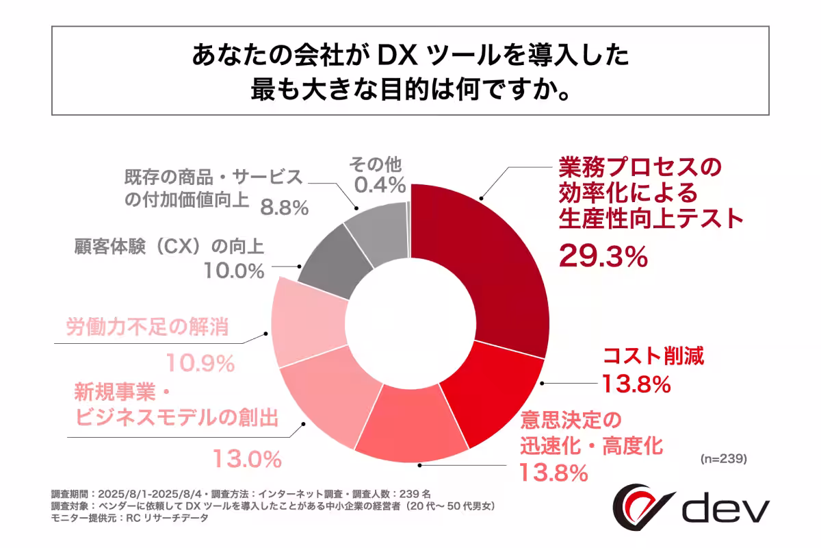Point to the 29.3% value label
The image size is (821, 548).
(603, 257)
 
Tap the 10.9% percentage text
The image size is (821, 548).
(201, 364)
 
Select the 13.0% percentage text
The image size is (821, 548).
(247, 457)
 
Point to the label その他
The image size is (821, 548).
(376, 164)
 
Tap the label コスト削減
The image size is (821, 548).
(652, 356)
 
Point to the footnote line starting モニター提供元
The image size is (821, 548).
(129, 519)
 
